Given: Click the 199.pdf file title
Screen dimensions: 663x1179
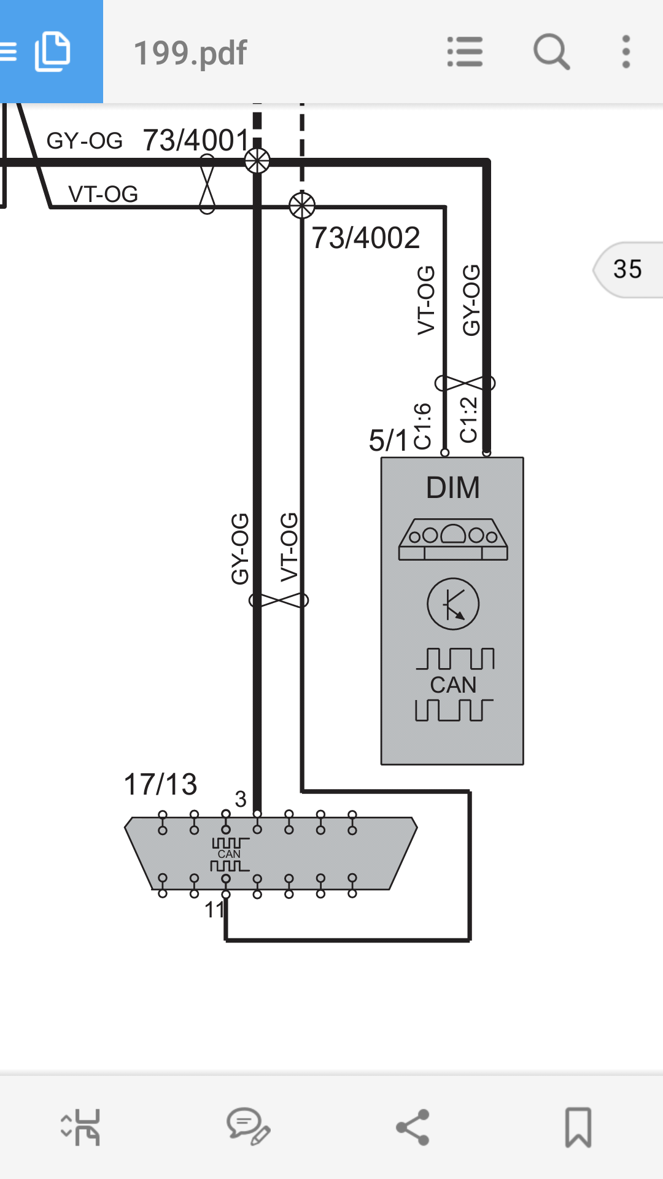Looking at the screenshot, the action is pos(190,53).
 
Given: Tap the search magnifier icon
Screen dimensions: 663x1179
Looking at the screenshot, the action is pos(551,52).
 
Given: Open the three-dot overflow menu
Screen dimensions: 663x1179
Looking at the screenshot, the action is pos(626,52).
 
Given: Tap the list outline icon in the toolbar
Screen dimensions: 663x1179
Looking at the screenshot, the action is pos(465,52).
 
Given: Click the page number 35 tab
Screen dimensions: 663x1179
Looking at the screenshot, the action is pos(628,270).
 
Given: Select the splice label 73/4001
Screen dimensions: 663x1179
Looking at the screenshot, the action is pos(196,140).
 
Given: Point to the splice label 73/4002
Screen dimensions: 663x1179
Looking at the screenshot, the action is pos(366,238).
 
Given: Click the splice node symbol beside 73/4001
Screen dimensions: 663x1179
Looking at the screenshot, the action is pos(257,161).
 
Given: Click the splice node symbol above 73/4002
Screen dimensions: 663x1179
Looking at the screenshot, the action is pos(302,205).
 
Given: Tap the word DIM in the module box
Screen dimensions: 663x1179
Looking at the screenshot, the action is pos(453,488).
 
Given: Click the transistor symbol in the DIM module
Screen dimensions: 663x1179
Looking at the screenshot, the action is pos(453,604).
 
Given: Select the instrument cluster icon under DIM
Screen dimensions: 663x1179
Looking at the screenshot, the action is pos(453,539).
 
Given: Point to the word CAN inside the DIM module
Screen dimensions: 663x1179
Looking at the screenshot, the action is pos(453,685).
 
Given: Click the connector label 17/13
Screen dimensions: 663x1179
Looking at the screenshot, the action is pos(160,784).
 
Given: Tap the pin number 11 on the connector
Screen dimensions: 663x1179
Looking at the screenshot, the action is pos(214,909).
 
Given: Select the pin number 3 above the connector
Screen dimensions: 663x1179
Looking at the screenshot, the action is pos(241,799).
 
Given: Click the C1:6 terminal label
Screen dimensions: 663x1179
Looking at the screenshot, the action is pos(423,426).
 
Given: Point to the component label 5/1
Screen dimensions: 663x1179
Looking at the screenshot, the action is pos(388,440).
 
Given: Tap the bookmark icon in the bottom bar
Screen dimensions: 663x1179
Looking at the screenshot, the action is pos(578,1127).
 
